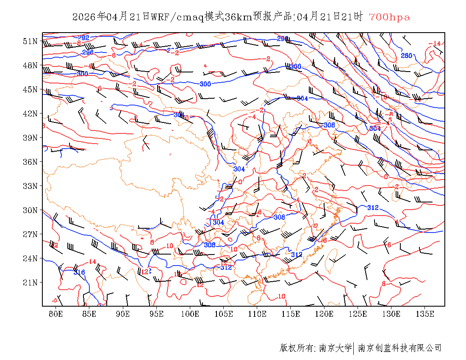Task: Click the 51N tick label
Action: pyautogui.click(x=31, y=41)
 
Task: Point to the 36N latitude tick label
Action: pyautogui.click(x=31, y=162)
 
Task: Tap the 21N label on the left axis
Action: pyautogui.click(x=31, y=282)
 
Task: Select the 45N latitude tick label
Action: pyautogui.click(x=31, y=89)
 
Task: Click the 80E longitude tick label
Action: pyautogui.click(x=56, y=314)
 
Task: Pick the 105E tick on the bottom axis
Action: pyautogui.click(x=224, y=314)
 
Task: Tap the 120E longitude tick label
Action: pyautogui.click(x=324, y=314)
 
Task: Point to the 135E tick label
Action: pyautogui.click(x=425, y=314)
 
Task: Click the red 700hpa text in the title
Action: pyautogui.click(x=389, y=17)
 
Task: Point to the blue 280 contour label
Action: pyautogui.click(x=406, y=55)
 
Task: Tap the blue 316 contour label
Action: pyautogui.click(x=79, y=272)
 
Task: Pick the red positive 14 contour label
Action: pyautogui.click(x=92, y=261)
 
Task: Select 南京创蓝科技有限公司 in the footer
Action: pyautogui.click(x=399, y=348)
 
